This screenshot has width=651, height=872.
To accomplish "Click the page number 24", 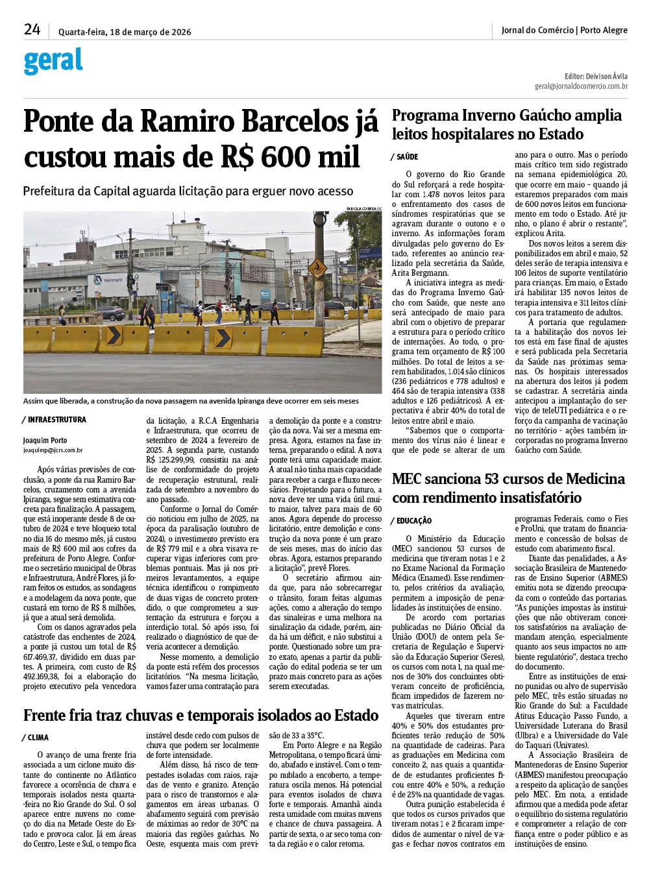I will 32,29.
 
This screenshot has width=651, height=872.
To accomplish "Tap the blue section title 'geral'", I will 53,62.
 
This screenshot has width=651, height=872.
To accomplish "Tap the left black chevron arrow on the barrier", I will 114,335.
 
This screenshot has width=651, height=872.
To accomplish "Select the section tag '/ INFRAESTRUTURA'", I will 55,420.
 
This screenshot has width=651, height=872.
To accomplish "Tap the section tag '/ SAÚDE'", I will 404,157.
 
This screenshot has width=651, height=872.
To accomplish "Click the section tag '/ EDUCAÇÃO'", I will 412,521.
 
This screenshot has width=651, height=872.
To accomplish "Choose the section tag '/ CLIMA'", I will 36,738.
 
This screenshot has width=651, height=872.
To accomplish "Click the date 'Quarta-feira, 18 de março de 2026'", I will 125,31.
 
